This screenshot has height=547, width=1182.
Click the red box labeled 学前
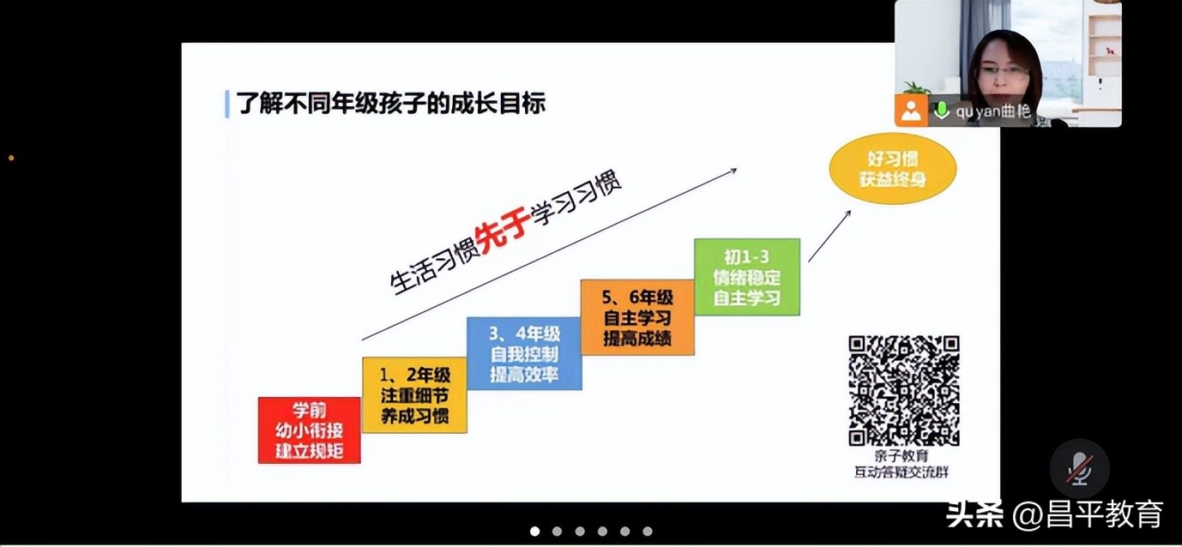coord(309,430)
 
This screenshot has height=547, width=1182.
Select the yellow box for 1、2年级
coord(415,395)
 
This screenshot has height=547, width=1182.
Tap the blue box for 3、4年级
coord(524,353)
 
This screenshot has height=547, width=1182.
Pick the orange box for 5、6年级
coord(637,317)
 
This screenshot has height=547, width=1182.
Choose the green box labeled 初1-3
coord(747,277)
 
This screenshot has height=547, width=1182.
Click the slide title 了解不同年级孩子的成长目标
coord(391,104)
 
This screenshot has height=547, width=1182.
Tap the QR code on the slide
coord(903,391)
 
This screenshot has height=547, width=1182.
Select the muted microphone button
coord(1079,468)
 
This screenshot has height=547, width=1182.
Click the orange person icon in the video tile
coord(911,111)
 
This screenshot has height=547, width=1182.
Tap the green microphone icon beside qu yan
coord(941,111)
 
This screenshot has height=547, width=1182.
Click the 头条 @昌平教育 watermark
coord(1054,514)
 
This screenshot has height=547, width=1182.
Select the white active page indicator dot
coord(535,532)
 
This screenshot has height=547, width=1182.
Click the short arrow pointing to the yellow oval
coord(829,234)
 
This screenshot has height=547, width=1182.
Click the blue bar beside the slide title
coord(227,104)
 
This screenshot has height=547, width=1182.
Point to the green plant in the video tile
coord(917,87)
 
